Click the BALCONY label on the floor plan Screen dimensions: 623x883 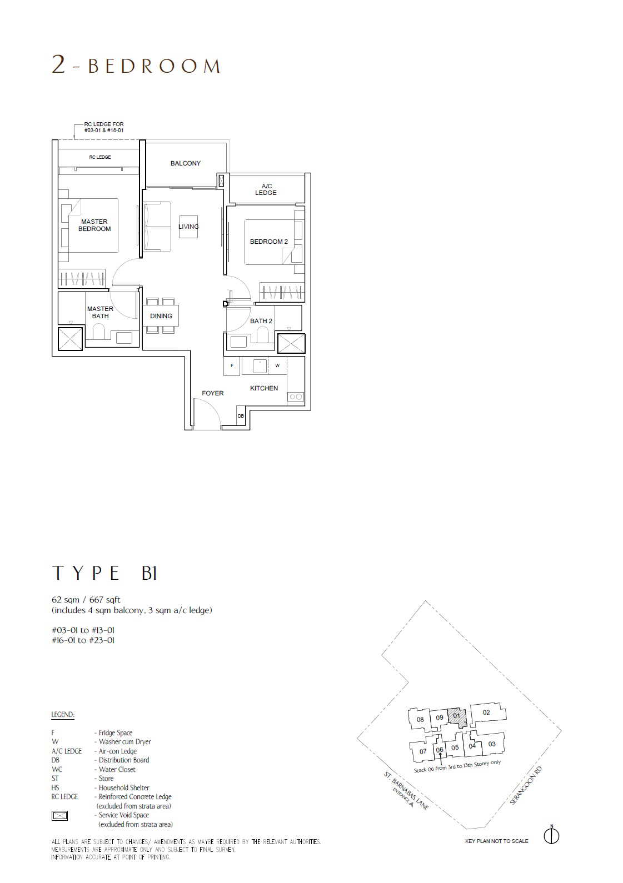[x=186, y=163]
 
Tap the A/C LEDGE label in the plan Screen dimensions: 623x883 [x=266, y=189]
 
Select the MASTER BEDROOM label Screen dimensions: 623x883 [x=94, y=225]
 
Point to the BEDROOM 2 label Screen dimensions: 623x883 [x=268, y=242]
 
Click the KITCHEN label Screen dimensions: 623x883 [x=264, y=388]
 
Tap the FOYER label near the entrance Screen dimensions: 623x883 [x=213, y=393]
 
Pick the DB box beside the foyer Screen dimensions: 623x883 [x=241, y=416]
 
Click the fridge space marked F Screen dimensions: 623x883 [x=232, y=366]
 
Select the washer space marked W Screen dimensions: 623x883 [x=277, y=366]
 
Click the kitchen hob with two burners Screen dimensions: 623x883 [x=296, y=397]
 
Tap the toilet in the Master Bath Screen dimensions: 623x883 [x=98, y=332]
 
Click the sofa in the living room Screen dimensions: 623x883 [x=157, y=227]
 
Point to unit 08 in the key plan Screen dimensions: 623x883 [x=420, y=720]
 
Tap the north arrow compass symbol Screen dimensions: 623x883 [x=552, y=836]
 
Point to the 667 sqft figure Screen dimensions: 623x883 [x=104, y=600]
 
